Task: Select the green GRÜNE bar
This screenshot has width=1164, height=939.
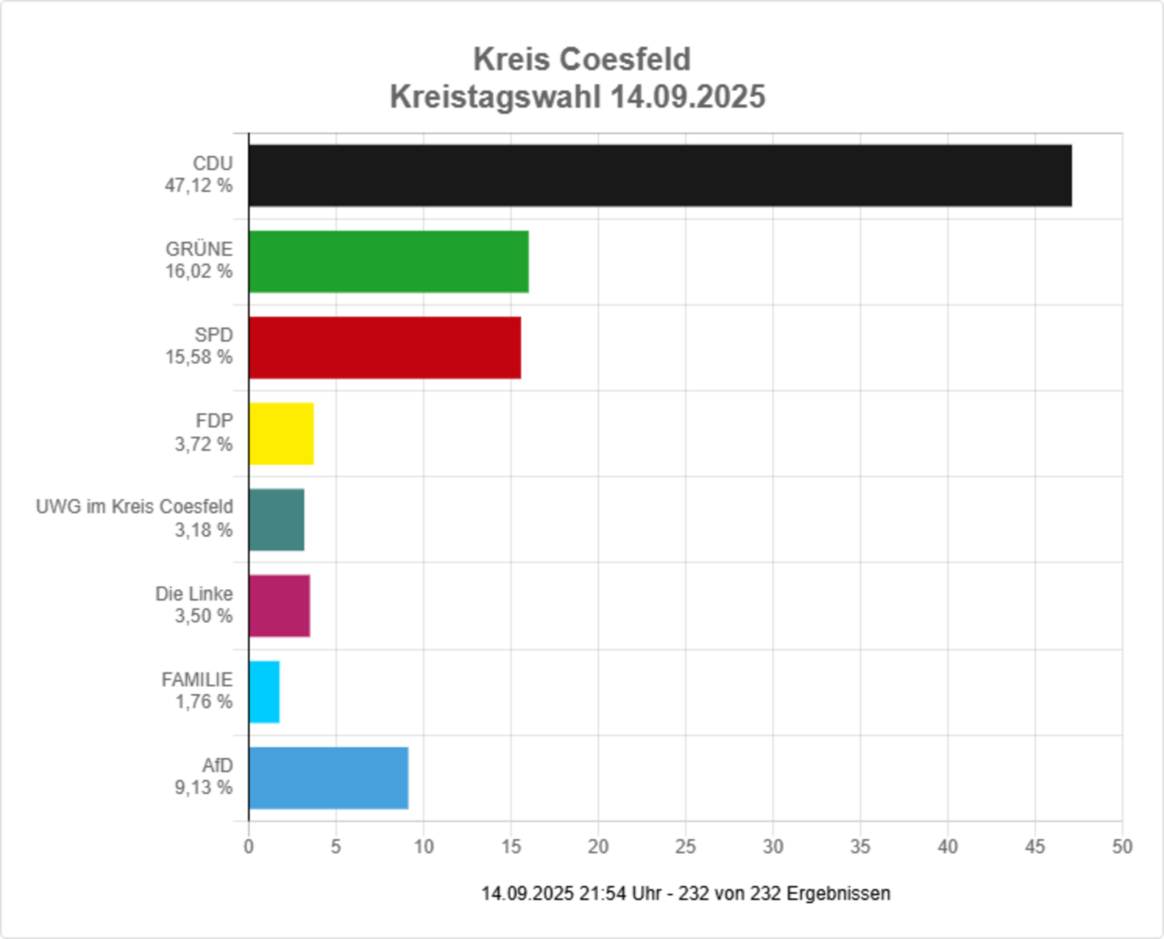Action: [x=388, y=261]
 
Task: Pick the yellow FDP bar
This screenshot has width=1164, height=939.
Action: [x=281, y=433]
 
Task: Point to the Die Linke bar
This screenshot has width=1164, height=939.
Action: [x=279, y=605]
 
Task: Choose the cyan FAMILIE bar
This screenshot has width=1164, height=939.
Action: [x=264, y=691]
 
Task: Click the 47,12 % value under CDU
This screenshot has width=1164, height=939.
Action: [x=199, y=185]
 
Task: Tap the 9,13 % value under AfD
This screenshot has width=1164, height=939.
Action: [x=203, y=787]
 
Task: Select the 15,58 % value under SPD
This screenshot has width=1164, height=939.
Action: [x=199, y=357]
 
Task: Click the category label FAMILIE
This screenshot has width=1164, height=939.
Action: [x=197, y=679]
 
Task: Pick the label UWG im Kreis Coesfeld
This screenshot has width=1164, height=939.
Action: [x=134, y=507]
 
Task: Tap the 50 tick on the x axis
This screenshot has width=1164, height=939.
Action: [x=1122, y=847]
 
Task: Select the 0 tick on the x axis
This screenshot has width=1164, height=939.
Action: [x=248, y=847]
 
